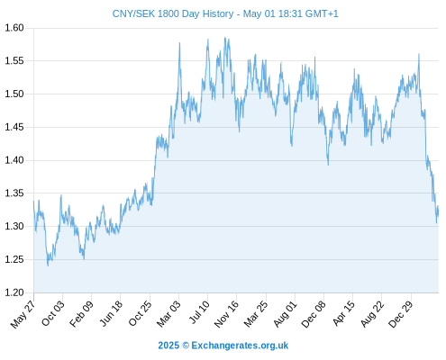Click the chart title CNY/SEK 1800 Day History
pos(173,13)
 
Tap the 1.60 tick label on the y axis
pos(14,28)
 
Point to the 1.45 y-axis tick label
pos(14,127)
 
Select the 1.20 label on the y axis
pos(14,292)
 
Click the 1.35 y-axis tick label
pos(14,193)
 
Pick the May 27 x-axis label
pos(23,314)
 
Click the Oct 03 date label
pos(52,313)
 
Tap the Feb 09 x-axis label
pos(81,313)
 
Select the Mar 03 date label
pos(168,313)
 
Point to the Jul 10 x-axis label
pos(199,312)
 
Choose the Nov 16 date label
pos(226,314)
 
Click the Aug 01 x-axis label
pos(285,314)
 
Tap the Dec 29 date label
pos(401,314)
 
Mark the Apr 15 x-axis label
pos(344,313)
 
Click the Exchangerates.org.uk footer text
pos(240,346)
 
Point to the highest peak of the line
pos(224,38)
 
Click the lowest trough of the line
pos(48,266)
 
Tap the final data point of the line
pos(438,211)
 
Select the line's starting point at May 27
pos(33,201)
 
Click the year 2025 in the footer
pos(168,346)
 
